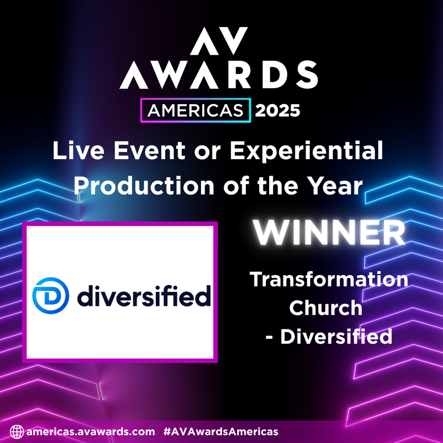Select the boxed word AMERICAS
195,111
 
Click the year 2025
277,111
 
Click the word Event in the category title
135,152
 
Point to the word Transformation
329,279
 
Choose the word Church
325,308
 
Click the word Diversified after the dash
336,337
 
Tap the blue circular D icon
51,295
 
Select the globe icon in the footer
16,431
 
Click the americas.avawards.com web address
90,431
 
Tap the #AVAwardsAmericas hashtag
221,431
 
